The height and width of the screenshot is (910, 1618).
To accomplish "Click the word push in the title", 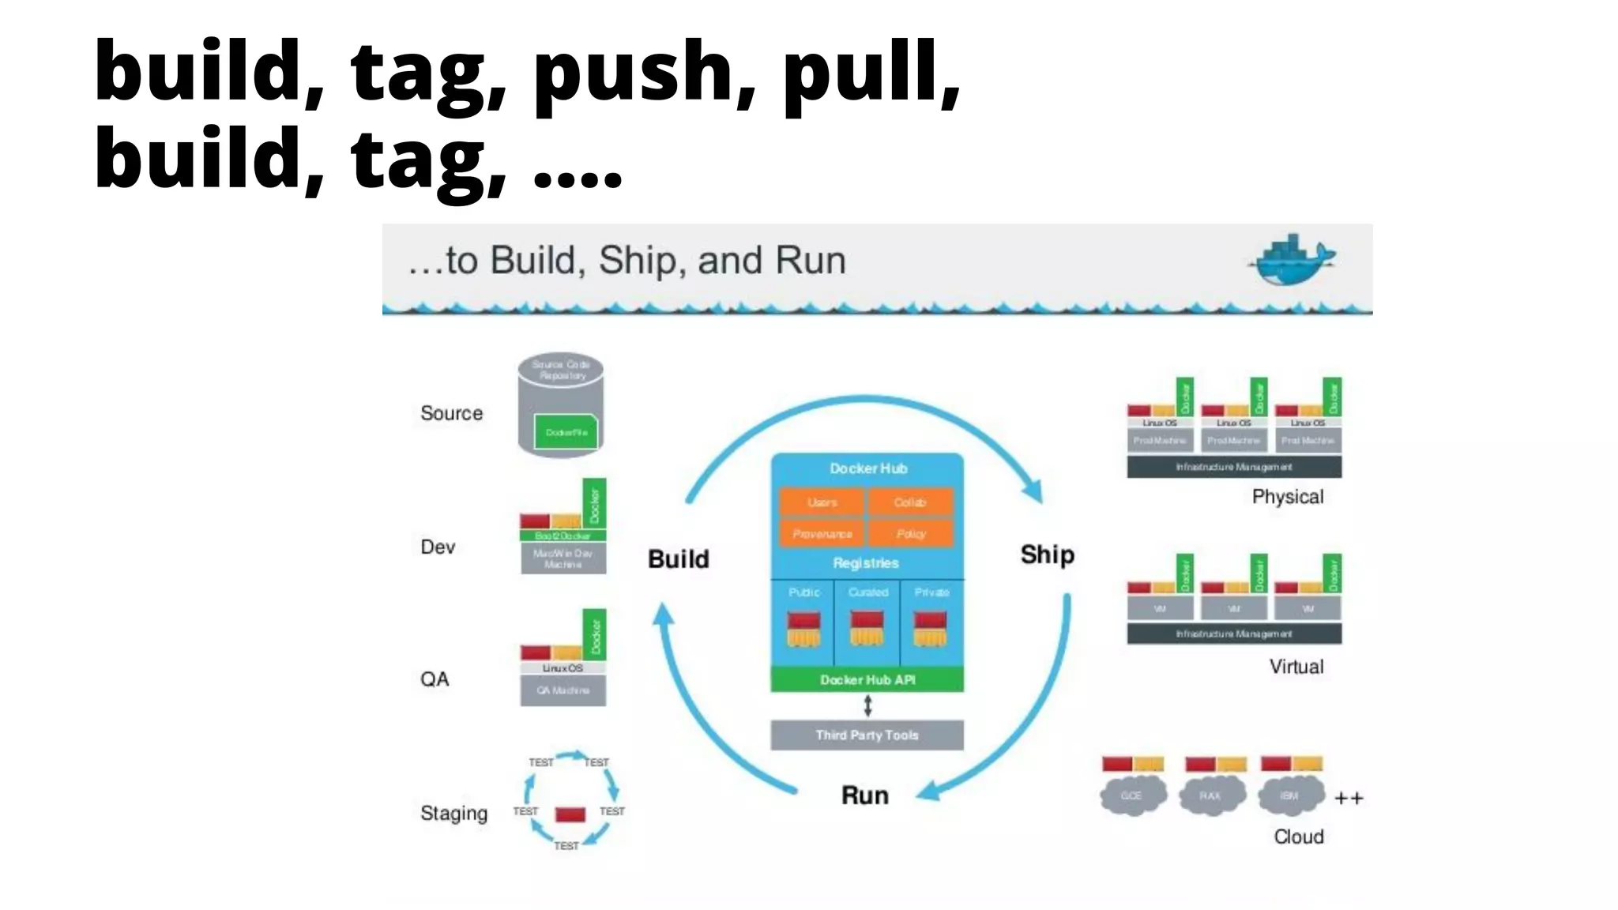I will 642,73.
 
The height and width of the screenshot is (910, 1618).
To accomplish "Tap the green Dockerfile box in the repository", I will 566,432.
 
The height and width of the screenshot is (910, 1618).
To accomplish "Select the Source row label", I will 451,413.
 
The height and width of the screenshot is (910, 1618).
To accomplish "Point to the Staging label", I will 453,813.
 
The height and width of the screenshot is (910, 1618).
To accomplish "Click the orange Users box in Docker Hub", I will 822,502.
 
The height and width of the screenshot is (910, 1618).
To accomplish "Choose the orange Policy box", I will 910,534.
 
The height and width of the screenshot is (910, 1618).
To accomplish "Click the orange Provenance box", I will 822,534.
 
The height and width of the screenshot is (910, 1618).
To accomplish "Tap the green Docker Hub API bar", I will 867,680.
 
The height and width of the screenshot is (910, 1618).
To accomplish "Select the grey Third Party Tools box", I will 867,735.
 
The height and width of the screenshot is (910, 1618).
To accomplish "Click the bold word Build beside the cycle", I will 678,559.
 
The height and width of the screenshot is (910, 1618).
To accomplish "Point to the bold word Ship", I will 1047,555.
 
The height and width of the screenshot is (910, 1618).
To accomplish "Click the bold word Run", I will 864,795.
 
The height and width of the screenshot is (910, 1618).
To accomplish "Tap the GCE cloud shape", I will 1132,795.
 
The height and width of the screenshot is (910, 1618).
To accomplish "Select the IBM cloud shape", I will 1290,795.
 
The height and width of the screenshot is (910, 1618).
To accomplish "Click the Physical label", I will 1287,497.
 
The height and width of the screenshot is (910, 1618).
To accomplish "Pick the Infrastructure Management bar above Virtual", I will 1233,634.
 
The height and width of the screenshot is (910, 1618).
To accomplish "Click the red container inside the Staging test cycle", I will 570,814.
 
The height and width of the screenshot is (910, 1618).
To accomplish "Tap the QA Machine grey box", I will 563,690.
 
